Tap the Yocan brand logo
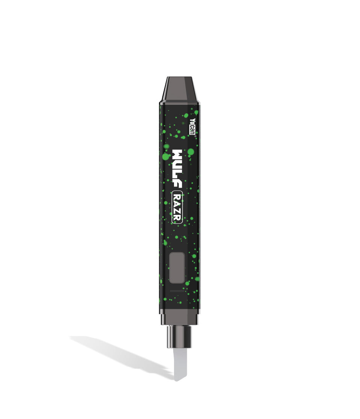[193, 127]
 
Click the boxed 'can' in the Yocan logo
[193, 131]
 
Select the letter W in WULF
[177, 155]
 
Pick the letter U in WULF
[177, 165]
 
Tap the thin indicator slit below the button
[178, 291]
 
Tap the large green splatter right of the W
[191, 152]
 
